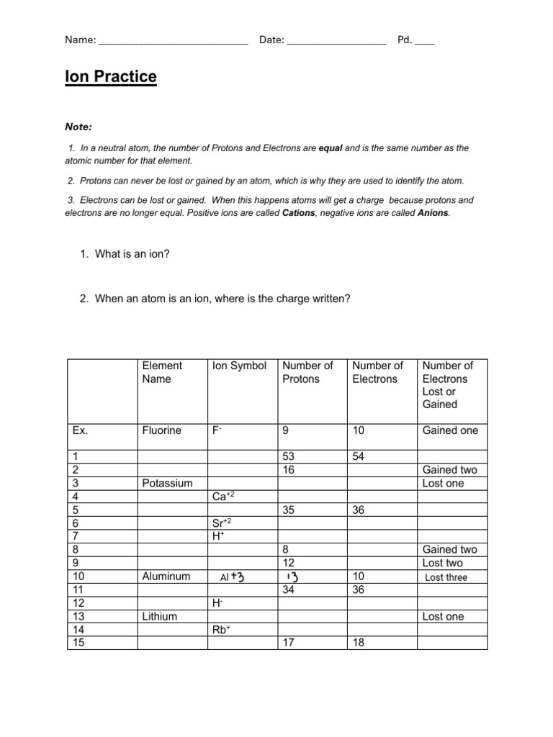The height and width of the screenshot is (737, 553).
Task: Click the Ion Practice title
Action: pos(110,77)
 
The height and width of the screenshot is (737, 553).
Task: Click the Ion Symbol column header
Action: pos(239,366)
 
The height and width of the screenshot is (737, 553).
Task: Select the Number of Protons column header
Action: pos(308,372)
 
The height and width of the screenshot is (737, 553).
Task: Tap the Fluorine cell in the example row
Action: pos(162,430)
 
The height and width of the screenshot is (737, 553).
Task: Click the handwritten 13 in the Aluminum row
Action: pos(292,577)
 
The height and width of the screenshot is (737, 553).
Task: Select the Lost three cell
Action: pos(446,577)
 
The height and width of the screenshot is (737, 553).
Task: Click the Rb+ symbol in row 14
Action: pos(221,630)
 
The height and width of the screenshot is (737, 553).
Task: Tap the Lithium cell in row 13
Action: pos(159,617)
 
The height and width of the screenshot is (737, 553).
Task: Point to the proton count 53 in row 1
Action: pos(289,456)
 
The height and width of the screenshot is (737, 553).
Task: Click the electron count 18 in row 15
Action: pos(359,643)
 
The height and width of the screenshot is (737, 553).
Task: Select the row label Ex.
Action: pos(80,430)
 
